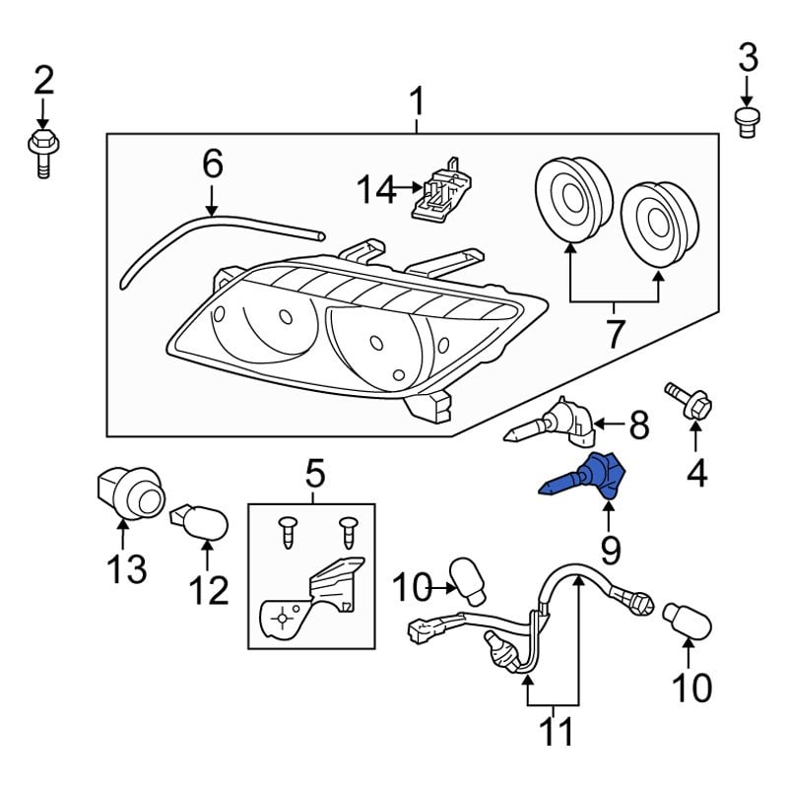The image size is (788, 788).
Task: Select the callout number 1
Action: point(418,101)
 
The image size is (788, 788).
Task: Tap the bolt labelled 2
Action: point(42,153)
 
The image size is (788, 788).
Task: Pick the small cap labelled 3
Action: point(748,120)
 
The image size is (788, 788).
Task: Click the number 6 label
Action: point(213,164)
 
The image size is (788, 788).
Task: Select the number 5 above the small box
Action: point(314,476)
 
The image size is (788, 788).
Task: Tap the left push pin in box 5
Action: point(286,531)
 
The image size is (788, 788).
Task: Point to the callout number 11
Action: point(553,733)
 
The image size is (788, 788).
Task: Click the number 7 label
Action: point(615,334)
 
